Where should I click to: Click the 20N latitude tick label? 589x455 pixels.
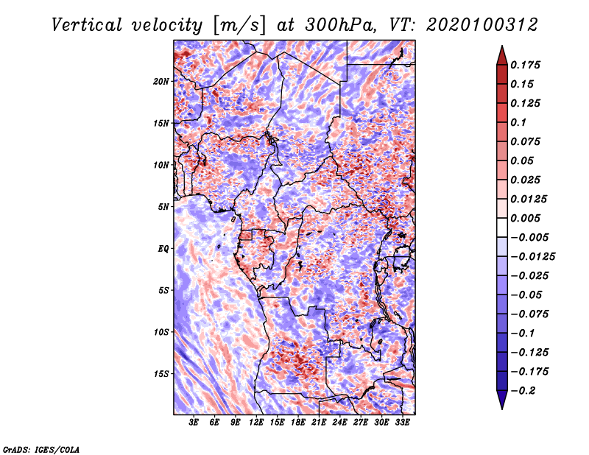point(161,82)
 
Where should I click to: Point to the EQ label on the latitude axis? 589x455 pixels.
point(163,249)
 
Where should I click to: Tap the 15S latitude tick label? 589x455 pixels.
point(161,374)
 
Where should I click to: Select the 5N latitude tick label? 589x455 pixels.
point(163,207)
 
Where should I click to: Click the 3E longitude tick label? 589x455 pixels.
point(194,423)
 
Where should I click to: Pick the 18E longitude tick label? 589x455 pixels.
point(298,423)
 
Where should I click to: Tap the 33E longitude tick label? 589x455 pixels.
point(402,423)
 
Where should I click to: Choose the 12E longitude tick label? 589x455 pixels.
point(256,423)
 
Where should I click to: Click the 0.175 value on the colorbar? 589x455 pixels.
point(525,65)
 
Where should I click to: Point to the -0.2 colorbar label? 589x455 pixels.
point(523,391)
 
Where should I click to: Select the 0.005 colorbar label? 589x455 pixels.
point(525,218)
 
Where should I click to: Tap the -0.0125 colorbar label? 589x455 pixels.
point(532,257)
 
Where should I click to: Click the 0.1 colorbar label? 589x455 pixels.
point(518,122)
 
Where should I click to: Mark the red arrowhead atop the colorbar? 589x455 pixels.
point(502,55)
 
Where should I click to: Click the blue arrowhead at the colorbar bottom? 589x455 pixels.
point(502,400)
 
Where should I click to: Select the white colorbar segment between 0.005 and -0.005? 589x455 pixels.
point(502,227)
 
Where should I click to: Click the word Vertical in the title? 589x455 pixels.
point(86,25)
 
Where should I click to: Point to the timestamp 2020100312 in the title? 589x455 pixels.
point(482,25)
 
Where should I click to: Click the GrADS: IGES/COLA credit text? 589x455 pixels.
point(41,449)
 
